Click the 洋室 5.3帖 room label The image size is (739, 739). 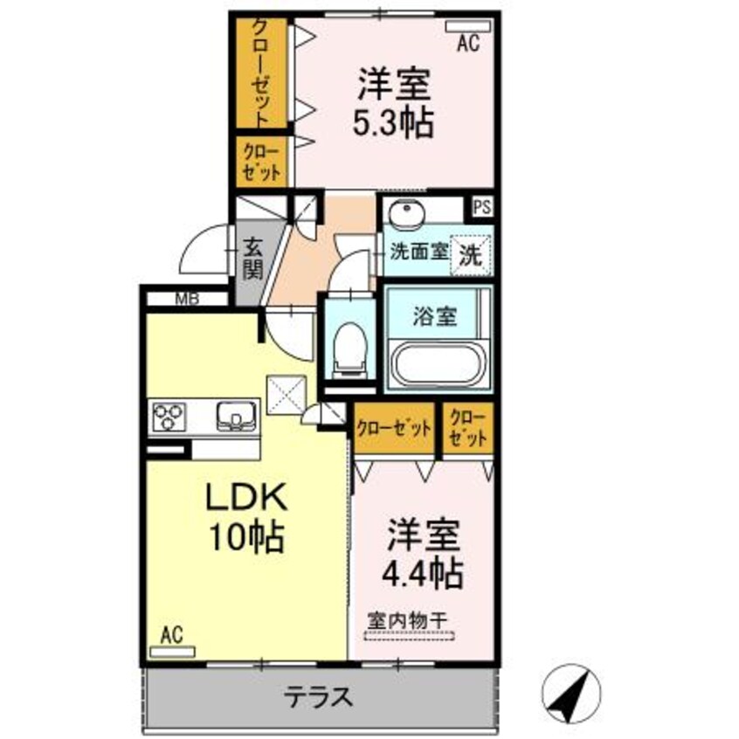392,104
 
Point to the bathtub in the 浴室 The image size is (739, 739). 438,364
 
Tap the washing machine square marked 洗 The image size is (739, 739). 470,252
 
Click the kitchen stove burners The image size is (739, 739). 169,416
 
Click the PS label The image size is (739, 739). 481,208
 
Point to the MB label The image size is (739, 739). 186,298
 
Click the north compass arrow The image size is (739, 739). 571,690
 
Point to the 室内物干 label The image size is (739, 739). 406,619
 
